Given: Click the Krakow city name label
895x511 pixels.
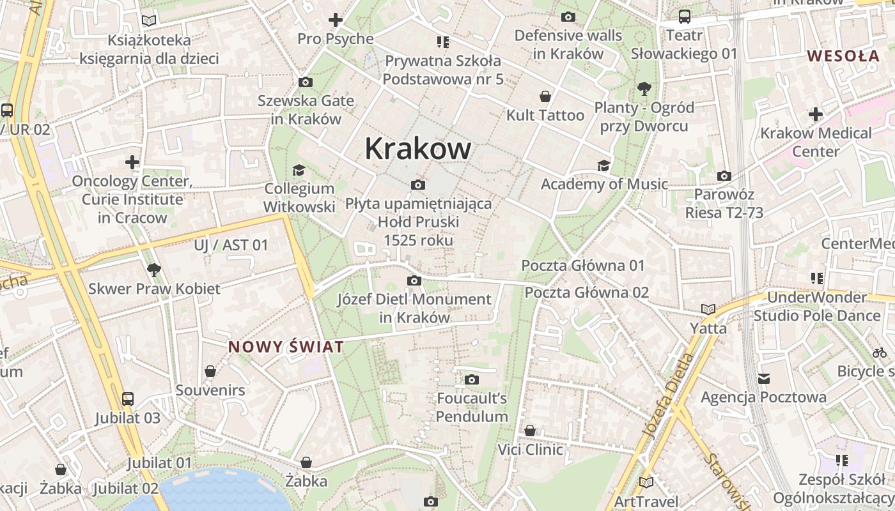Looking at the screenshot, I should click(418, 149).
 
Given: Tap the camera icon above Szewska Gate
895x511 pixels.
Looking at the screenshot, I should click(306, 82).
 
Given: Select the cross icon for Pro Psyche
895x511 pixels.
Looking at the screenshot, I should click(336, 20).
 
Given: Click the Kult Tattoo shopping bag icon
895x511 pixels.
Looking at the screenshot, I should click(545, 96).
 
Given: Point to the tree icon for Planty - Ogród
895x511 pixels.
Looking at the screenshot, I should click(644, 88).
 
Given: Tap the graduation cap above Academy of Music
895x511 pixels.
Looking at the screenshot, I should click(603, 166).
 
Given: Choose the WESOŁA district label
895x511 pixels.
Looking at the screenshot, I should click(843, 56).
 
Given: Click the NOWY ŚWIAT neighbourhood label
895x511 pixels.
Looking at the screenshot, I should click(286, 347).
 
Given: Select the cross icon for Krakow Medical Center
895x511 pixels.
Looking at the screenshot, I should click(816, 115).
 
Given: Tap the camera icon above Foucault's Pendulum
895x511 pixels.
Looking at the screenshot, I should click(472, 380).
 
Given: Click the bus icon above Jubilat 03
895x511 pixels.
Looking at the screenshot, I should click(128, 399).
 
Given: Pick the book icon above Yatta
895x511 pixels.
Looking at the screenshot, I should click(708, 310).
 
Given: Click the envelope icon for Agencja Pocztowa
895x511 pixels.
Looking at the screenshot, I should click(764, 379).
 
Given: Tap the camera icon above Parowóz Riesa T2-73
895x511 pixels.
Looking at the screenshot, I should click(724, 176).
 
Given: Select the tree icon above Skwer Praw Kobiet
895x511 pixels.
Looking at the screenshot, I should click(153, 270).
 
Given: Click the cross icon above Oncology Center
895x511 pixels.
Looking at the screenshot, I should click(132, 162).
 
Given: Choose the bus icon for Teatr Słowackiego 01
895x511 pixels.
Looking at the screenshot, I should click(685, 17).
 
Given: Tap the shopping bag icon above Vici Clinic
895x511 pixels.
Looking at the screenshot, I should click(530, 431).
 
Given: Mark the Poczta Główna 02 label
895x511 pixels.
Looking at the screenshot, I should click(586, 293).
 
